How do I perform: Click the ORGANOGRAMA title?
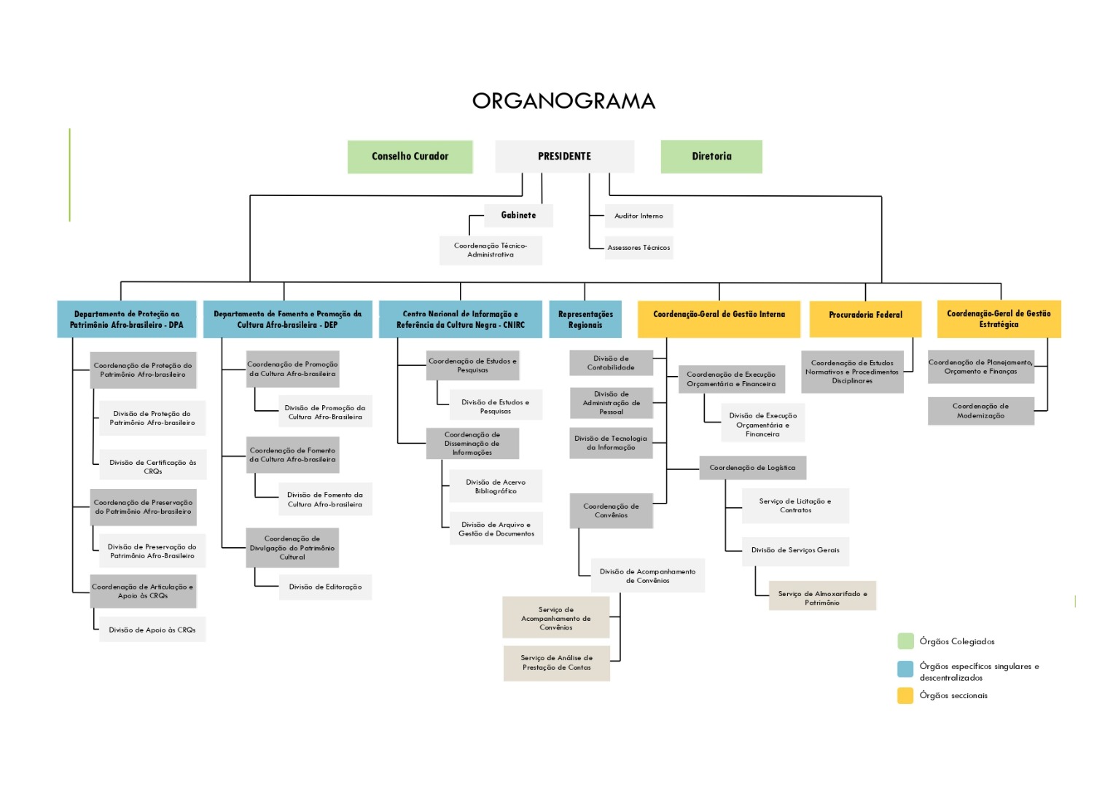coord(563,101)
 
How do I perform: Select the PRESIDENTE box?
coord(564,157)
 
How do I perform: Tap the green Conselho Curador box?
coord(410,157)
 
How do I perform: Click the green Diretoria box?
coord(711,157)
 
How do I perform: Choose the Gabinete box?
coord(518,216)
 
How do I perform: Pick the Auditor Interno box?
coord(638,216)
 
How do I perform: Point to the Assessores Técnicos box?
coord(638,248)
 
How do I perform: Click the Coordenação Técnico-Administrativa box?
coord(491,250)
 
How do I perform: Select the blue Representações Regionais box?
coord(585,319)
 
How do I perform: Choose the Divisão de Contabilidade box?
coord(611,363)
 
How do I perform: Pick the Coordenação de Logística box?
coord(752,468)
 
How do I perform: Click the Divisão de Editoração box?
coord(325,587)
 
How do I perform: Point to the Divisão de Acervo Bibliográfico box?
coord(496,487)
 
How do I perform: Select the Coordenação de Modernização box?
coord(980,411)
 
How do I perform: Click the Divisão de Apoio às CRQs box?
coord(152,630)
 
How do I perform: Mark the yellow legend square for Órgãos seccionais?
coord(905,696)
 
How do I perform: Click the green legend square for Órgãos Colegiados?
coord(905,641)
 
